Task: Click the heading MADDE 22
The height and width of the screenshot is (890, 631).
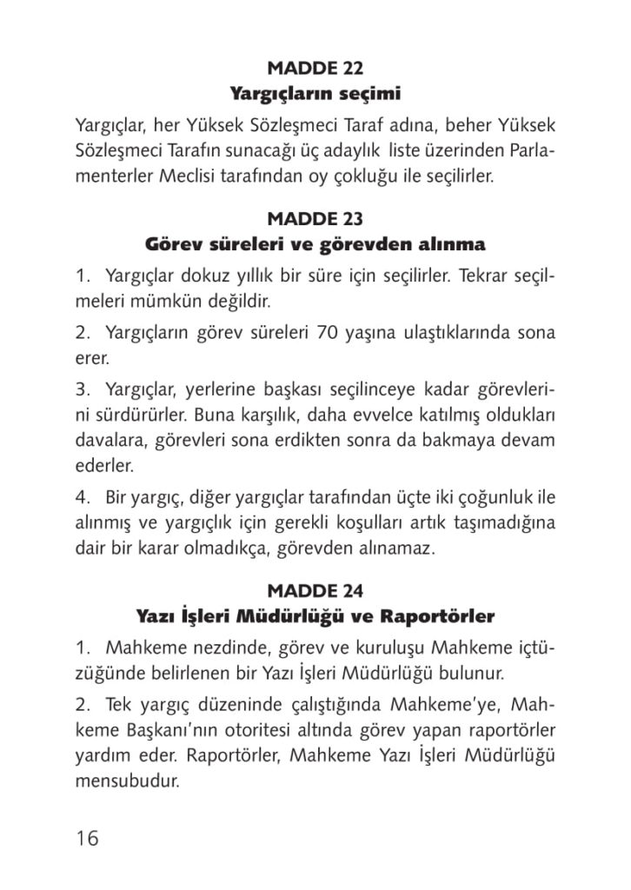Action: [x=315, y=67]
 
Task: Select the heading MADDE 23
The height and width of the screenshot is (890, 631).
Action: [x=315, y=218]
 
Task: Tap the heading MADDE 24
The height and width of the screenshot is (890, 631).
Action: [x=315, y=592]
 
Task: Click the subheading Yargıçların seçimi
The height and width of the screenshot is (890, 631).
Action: [x=315, y=91]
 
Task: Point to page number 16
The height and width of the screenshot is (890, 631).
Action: [x=87, y=838]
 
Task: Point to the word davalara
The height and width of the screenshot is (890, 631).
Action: [x=110, y=440]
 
